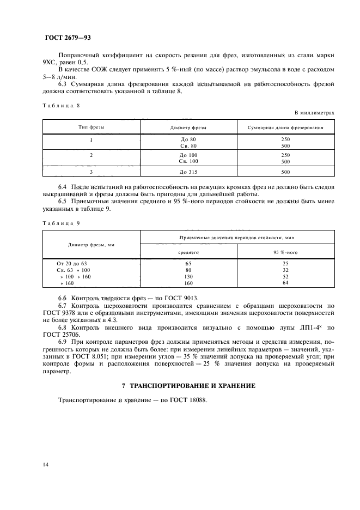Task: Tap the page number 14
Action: coord(46,464)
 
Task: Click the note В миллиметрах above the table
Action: coord(314,113)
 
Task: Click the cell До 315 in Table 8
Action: coord(188,172)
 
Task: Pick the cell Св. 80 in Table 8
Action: coord(188,146)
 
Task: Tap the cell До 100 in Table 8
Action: coord(188,155)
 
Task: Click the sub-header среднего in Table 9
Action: coord(188,252)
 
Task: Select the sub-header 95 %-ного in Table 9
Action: coord(285,252)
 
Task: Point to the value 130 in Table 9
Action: coord(188,276)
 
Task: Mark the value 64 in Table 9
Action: coord(285,282)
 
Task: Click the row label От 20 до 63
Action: coord(72,263)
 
